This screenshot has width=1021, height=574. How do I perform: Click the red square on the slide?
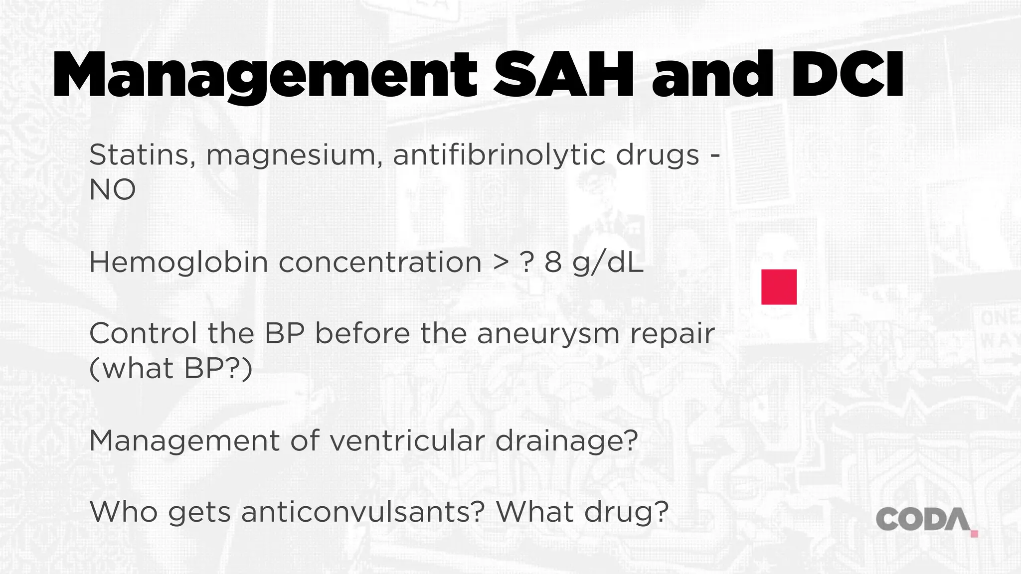pyautogui.click(x=779, y=287)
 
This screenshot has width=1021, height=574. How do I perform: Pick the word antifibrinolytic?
pyautogui.click(x=499, y=155)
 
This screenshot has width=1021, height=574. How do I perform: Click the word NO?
pyautogui.click(x=112, y=190)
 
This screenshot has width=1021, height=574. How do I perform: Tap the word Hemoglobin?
pyautogui.click(x=178, y=263)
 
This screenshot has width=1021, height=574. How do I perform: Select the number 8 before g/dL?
pyautogui.click(x=553, y=263)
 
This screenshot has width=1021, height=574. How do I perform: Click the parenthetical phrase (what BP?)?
pyautogui.click(x=171, y=369)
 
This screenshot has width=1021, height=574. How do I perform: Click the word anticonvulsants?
pyautogui.click(x=362, y=512)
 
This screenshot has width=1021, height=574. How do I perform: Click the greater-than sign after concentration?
pyautogui.click(x=501, y=263)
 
